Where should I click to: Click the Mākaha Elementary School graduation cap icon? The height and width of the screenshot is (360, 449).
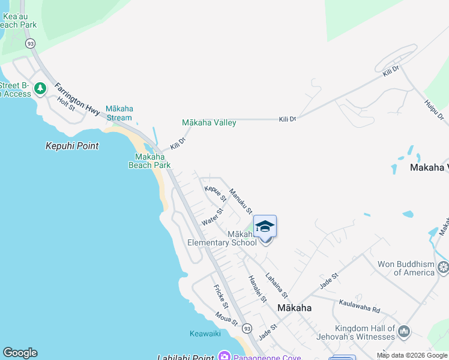265,227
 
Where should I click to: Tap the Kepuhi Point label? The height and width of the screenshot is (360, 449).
72,146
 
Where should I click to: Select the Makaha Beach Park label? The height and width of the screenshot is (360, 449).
149,161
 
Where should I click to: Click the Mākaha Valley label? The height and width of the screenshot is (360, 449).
209,122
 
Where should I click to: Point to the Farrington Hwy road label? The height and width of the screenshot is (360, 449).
77,99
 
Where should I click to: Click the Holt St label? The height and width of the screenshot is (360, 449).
66,104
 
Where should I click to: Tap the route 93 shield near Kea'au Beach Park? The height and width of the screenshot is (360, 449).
31,43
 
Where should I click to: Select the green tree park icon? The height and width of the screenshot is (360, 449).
40,89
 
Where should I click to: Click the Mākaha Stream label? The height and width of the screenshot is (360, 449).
119,113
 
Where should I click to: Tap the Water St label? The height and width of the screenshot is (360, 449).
212,217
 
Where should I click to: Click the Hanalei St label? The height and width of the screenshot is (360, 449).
257,289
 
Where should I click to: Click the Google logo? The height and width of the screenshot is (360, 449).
20,353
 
